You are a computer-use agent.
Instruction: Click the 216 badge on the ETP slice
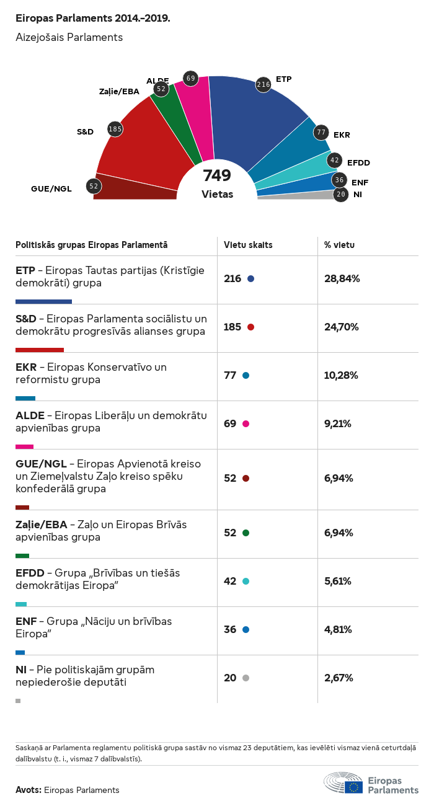[263, 84]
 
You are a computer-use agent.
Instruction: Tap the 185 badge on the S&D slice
[115, 129]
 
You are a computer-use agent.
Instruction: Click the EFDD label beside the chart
[358, 162]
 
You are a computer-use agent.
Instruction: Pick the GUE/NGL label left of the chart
[51, 188]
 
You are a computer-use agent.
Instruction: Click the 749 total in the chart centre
[217, 176]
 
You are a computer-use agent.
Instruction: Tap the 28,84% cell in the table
[342, 279]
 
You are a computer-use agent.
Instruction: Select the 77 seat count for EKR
[230, 376]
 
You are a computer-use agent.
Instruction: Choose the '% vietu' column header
[339, 245]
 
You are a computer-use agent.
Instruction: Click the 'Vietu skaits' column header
[248, 245]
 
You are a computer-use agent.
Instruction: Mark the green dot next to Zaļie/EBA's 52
[246, 533]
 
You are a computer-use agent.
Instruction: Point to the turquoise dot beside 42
[246, 582]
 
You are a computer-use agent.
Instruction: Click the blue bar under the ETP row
[43, 301]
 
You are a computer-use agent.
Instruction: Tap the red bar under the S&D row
[40, 350]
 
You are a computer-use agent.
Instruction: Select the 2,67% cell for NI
[339, 678]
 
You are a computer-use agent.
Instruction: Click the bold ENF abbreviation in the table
[25, 621]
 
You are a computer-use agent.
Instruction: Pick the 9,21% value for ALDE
[338, 424]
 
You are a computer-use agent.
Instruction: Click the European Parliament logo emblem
[343, 784]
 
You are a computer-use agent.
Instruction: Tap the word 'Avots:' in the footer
[29, 790]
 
